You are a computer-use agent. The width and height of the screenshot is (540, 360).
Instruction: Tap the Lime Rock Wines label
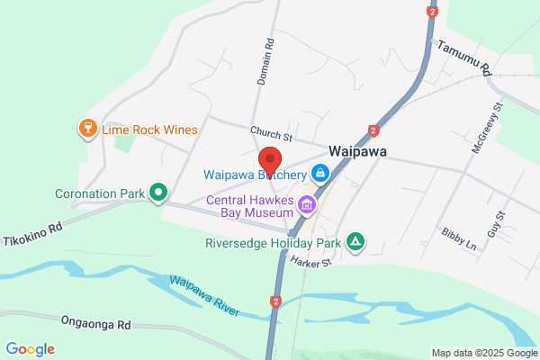(x=149, y=130)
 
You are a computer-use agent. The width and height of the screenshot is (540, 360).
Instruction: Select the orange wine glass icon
(x=88, y=129)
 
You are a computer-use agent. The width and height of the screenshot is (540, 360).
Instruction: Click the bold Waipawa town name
(x=357, y=152)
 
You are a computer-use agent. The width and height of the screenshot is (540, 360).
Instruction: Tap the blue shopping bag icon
(x=319, y=172)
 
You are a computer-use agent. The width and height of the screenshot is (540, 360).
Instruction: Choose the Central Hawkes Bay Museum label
(x=251, y=206)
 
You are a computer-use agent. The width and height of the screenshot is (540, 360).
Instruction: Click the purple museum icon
(x=308, y=206)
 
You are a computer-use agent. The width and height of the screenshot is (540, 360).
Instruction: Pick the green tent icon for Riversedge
(x=356, y=241)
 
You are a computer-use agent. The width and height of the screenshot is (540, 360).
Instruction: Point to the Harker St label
(x=312, y=261)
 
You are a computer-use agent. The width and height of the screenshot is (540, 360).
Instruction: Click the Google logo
(x=30, y=349)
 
